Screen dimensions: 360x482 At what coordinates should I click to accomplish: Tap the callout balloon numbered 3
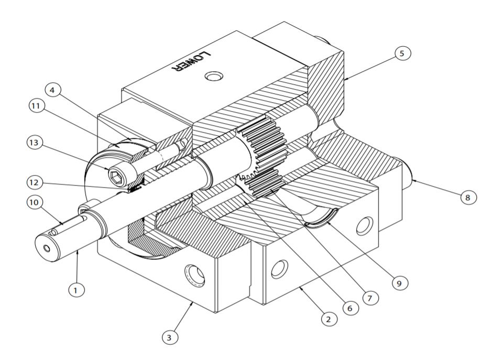click(x=169, y=337)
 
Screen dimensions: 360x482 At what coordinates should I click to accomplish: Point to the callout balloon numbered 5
click(x=402, y=53)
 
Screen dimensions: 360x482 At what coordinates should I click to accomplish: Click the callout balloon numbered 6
click(x=349, y=308)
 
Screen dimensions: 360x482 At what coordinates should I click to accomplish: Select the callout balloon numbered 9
click(x=400, y=282)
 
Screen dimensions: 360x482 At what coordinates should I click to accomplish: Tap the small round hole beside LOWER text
click(x=213, y=78)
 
